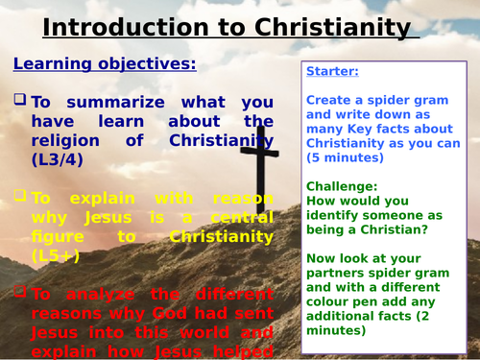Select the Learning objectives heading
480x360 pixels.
(104, 64)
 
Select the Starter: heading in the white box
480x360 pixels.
(333, 72)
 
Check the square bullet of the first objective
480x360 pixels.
(20, 101)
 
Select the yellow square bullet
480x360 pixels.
(20, 195)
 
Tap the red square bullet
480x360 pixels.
(20, 289)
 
